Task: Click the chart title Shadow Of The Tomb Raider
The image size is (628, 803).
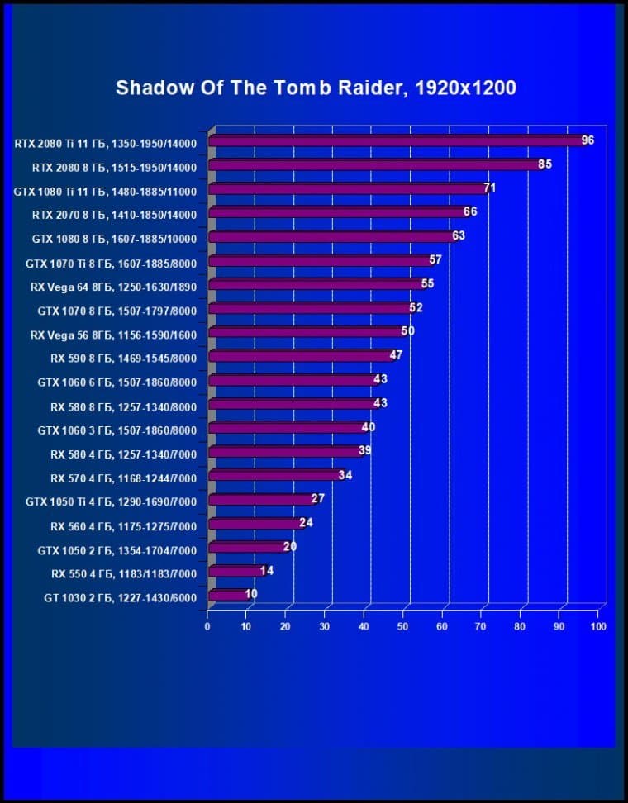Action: [x=316, y=88]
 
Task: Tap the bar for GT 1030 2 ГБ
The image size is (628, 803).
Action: [x=228, y=595]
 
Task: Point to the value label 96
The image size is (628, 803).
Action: [x=588, y=140]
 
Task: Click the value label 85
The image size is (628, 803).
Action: [x=545, y=164]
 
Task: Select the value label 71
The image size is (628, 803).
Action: [x=489, y=188]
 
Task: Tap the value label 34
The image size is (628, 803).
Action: [x=345, y=475]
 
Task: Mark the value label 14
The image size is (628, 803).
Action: [x=266, y=571]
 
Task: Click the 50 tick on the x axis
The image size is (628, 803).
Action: [x=403, y=626]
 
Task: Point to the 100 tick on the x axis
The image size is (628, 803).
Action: [x=598, y=626]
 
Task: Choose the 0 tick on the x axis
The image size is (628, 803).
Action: [x=207, y=626]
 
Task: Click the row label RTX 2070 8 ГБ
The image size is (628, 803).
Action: [x=114, y=215]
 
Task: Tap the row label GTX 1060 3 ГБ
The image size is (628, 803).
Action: [x=117, y=430]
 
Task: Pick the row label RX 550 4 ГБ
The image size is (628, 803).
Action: [x=124, y=573]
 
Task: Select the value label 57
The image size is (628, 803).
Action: [x=435, y=260]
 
